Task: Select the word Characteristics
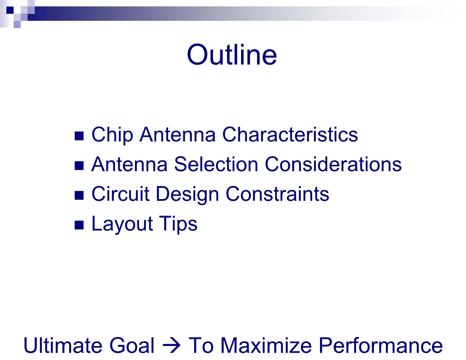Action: [290, 135]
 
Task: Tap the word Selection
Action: [216, 164]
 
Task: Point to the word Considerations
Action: [333, 164]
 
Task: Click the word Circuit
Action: [121, 194]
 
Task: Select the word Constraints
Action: [277, 194]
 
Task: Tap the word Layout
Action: [122, 224]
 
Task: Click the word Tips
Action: [178, 224]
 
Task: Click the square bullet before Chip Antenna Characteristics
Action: [79, 136]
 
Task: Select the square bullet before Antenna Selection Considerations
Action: [79, 166]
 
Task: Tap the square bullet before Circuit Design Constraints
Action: [79, 195]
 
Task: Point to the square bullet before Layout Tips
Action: [79, 225]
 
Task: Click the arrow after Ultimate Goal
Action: [171, 346]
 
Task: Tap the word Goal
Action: [132, 345]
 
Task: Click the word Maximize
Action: [266, 345]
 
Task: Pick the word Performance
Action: [381, 345]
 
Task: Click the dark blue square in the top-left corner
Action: [10, 10]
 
